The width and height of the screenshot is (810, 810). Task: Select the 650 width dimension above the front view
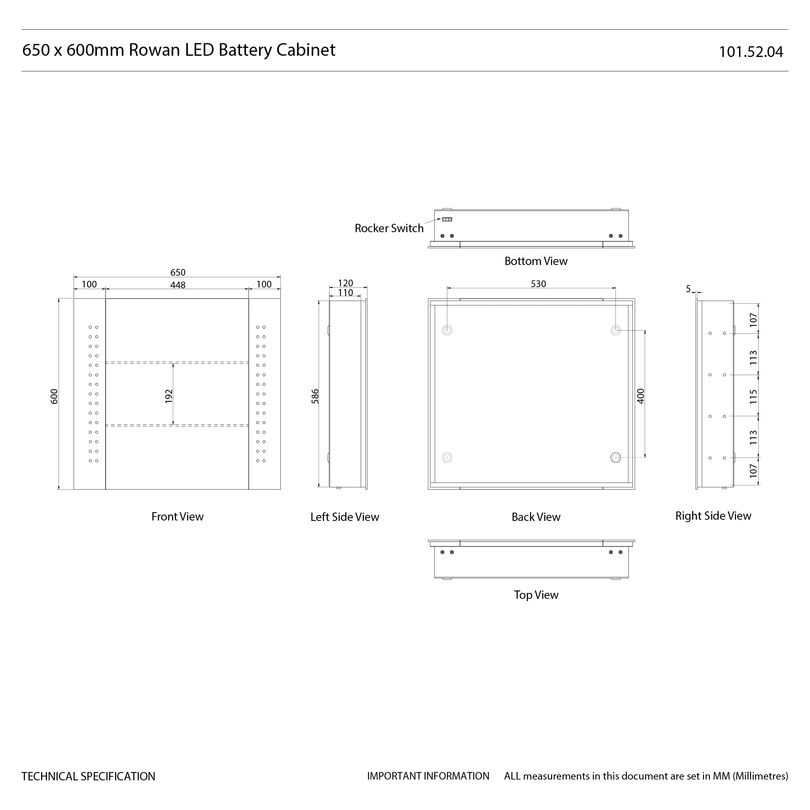point(178,273)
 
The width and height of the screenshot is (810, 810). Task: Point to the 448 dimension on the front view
point(178,285)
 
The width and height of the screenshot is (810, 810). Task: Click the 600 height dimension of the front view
point(54,396)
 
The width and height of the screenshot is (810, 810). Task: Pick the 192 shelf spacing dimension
point(168,396)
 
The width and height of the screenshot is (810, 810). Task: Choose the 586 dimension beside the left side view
point(315,396)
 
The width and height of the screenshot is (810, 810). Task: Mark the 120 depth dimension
point(345,283)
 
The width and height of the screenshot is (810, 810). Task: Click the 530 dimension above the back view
point(538,284)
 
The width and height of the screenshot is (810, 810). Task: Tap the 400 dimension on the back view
point(640,396)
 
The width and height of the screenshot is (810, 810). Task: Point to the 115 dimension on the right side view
point(753,397)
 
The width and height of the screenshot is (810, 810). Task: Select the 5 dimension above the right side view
point(688,288)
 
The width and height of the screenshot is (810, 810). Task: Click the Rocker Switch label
point(389,229)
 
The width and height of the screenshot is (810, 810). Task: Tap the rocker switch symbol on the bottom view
point(447,219)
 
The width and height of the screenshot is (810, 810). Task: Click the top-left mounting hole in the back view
point(447,330)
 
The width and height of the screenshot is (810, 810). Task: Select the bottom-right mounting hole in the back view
point(615,458)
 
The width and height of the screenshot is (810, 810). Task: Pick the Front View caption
point(177,517)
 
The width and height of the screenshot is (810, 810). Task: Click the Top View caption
point(536,595)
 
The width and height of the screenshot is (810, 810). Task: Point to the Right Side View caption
point(713,516)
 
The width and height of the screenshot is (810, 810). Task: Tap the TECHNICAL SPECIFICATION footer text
point(88,776)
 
